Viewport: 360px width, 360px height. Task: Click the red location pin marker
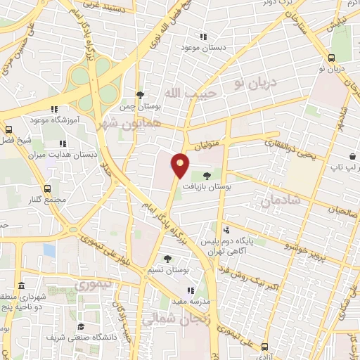[181, 165]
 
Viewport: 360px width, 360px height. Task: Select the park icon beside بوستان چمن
[140, 95]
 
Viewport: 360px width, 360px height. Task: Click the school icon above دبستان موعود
[204, 37]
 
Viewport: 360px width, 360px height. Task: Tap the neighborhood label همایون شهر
[136, 121]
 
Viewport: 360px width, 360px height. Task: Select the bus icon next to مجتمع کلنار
[47, 188]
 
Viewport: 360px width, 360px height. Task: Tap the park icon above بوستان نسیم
[167, 259]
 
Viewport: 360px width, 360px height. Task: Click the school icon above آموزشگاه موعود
[54, 109]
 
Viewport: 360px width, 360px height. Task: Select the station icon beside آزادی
[264, 346]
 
